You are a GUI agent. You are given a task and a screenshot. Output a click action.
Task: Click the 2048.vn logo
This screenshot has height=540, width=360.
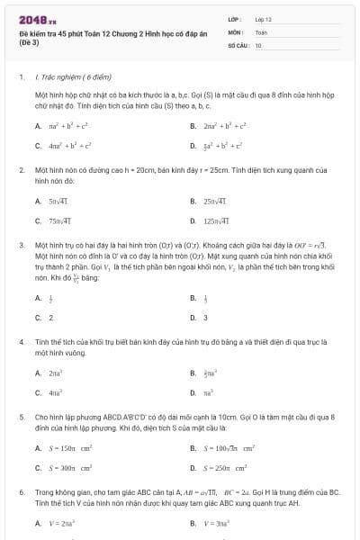click(37, 19)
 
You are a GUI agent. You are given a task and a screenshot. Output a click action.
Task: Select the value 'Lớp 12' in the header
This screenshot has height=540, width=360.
click(263, 19)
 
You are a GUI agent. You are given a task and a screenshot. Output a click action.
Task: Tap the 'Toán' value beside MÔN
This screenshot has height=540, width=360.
click(261, 31)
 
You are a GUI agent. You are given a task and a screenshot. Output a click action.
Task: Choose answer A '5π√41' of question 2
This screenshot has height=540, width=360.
click(59, 202)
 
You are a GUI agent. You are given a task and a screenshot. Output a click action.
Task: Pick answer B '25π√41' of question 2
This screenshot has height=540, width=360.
click(214, 202)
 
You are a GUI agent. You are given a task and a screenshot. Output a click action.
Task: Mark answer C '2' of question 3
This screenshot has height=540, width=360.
click(50, 317)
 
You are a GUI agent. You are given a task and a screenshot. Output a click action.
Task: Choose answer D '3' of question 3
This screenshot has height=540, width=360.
click(205, 317)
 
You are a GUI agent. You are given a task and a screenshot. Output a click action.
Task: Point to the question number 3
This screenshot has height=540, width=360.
click(21, 245)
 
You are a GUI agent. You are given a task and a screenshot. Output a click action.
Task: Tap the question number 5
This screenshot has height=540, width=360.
click(21, 418)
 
